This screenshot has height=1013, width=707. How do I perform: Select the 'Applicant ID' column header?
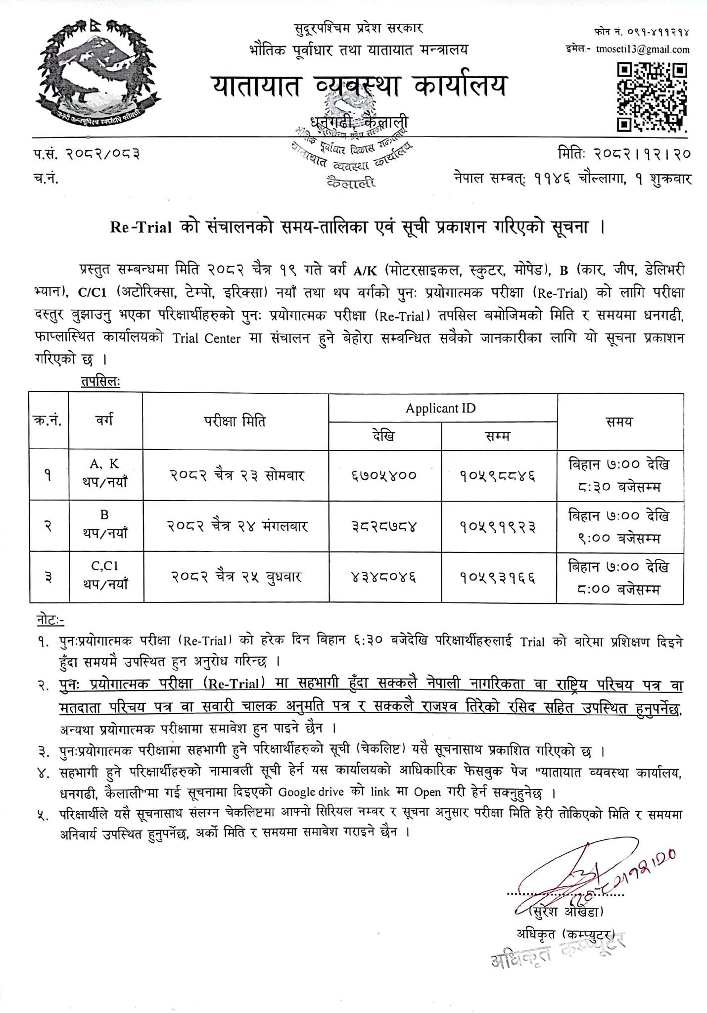[440, 408]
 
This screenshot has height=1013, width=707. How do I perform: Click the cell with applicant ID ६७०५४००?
[384, 475]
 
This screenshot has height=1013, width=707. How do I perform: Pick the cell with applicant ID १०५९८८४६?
[498, 475]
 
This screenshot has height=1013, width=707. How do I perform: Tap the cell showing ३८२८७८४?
[384, 526]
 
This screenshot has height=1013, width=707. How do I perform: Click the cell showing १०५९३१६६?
[498, 577]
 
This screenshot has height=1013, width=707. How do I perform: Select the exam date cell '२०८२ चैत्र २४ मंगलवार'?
[236, 526]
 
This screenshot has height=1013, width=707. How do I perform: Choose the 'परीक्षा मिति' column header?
[236, 421]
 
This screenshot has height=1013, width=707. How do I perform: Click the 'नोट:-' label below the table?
[50, 619]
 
